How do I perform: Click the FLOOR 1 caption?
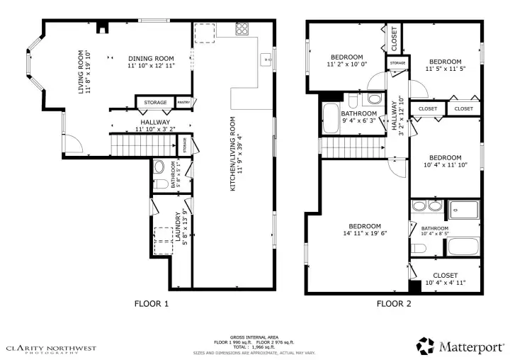pos(152,304)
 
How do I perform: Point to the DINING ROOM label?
pos(151,62)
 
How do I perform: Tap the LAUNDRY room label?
pos(182,227)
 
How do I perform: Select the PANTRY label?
pos(183,103)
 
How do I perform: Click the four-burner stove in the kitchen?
pos(243,30)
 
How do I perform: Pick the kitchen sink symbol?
pos(267,58)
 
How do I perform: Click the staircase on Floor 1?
pos(141,147)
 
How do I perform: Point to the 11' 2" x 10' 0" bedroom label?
pos(346,61)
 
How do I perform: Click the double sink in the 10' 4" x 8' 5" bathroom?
pos(425,207)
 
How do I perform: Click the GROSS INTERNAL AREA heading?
pos(254,337)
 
